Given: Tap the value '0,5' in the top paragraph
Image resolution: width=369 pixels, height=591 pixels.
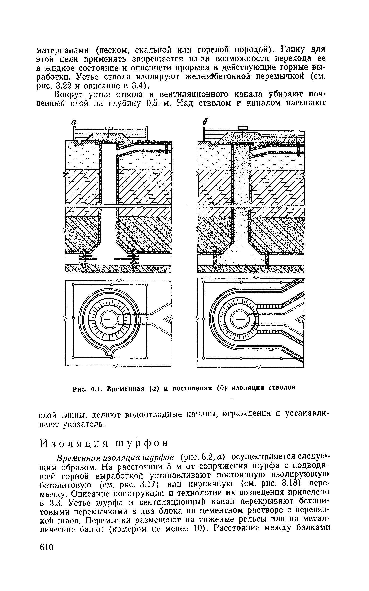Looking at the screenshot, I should tap(152, 103).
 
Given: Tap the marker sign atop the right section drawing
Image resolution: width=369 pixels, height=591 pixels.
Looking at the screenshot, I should tap(243, 128).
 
